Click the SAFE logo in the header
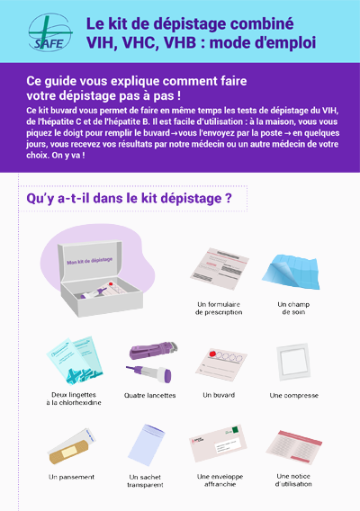pyautogui.click(x=50, y=32)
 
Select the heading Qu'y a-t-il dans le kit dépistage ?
pyautogui.click(x=129, y=199)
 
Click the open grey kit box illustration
pyautogui.click(x=101, y=278)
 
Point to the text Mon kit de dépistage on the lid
pyautogui.click(x=90, y=261)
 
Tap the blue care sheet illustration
pyautogui.click(x=292, y=272)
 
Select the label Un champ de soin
pyautogui.click(x=293, y=308)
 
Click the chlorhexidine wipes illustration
pyautogui.click(x=75, y=361)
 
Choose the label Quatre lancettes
pyautogui.click(x=149, y=395)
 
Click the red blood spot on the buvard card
pyautogui.click(x=213, y=354)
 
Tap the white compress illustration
pyautogui.click(x=292, y=362)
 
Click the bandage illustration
pyautogui.click(x=71, y=446)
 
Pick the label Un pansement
pyautogui.click(x=71, y=477)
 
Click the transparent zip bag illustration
pyautogui.click(x=146, y=444)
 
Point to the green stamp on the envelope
pyautogui.click(x=235, y=430)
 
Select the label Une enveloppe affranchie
pyautogui.click(x=220, y=480)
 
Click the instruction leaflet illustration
pyautogui.click(x=293, y=447)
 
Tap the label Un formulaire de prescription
pyautogui.click(x=219, y=309)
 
